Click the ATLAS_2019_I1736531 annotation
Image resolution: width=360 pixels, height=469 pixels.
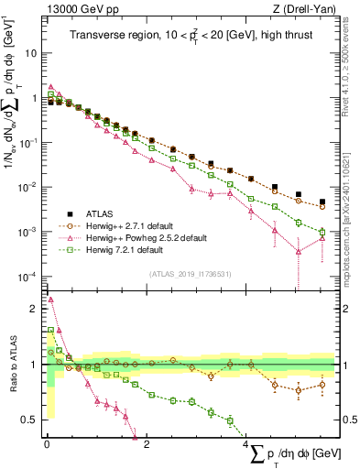[188, 274]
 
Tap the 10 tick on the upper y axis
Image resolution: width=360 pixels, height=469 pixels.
[33, 53]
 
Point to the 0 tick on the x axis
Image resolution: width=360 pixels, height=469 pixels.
[47, 442]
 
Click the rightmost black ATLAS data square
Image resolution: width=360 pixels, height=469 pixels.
[322, 202]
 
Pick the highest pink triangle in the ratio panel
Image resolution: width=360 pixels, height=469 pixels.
[50, 299]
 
